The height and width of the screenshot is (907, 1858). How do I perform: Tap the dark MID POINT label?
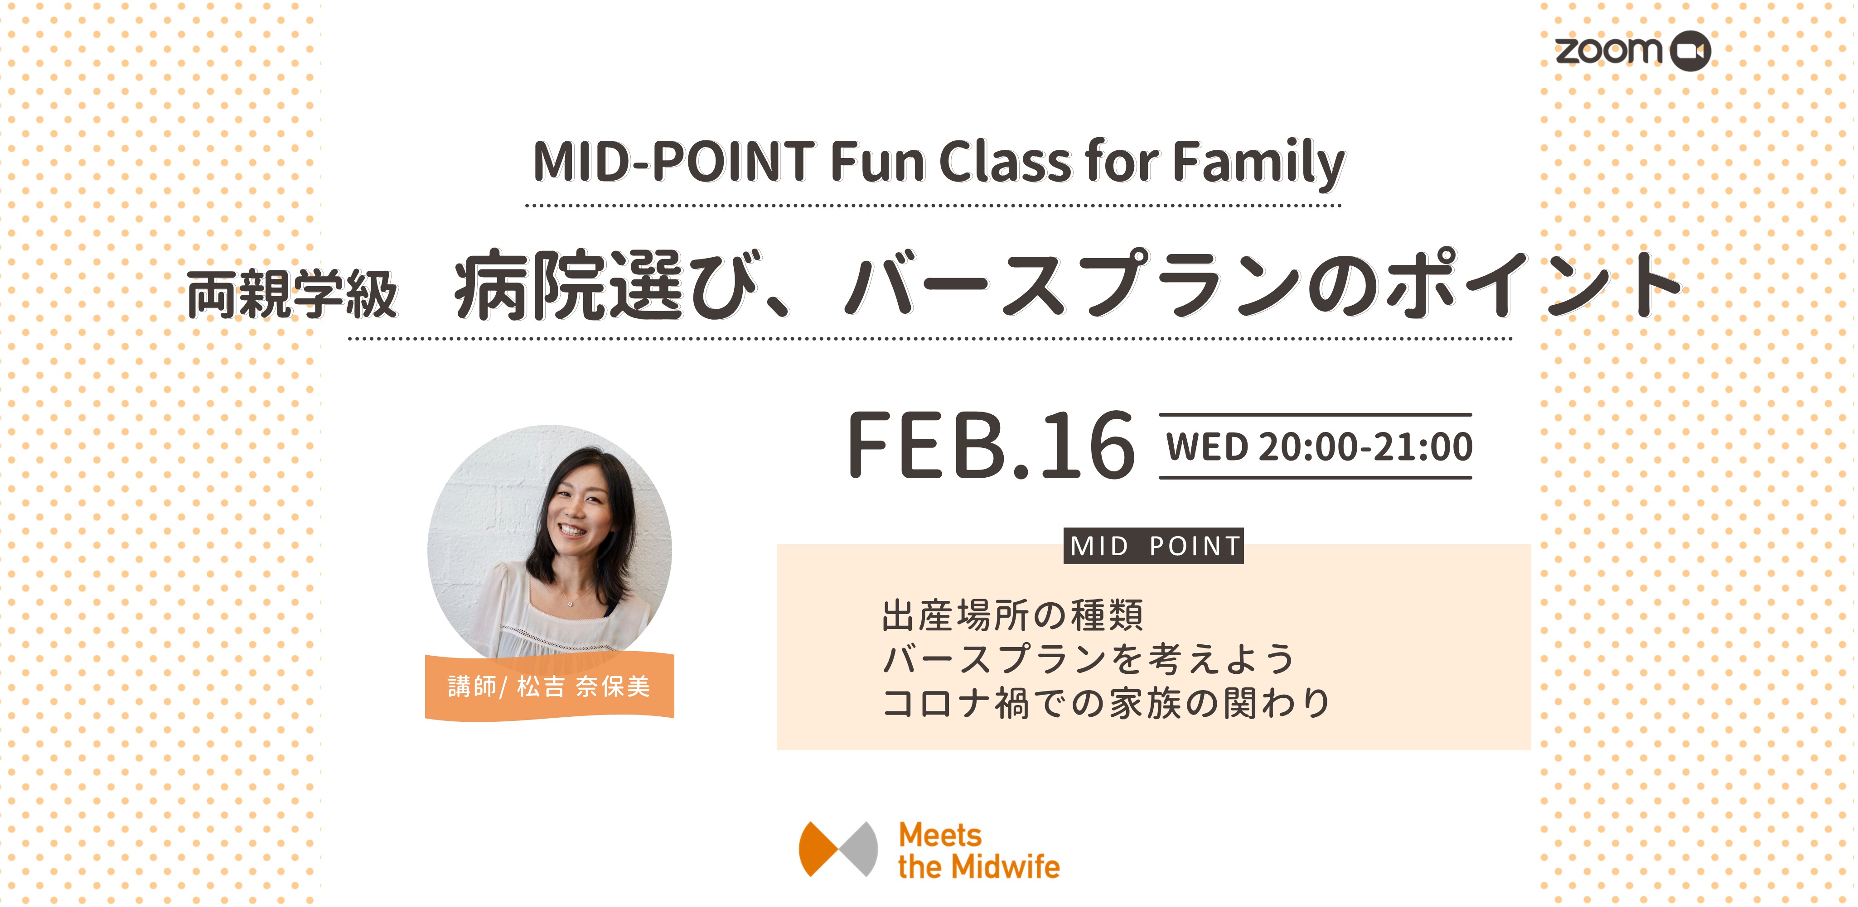point(1154,546)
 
